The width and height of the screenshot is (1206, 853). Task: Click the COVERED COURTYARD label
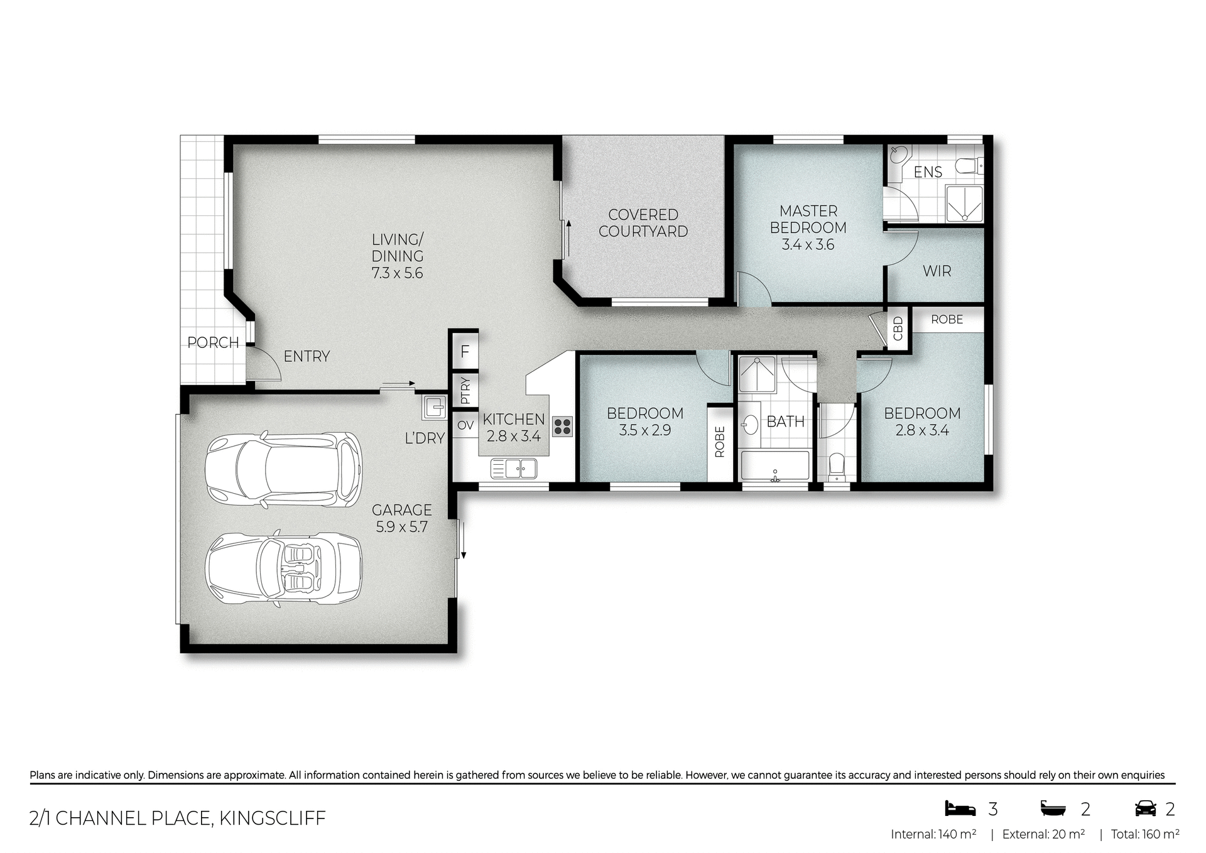click(x=643, y=223)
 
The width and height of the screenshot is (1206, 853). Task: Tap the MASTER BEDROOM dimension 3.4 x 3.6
click(x=808, y=245)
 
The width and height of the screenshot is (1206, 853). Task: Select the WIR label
click(x=937, y=271)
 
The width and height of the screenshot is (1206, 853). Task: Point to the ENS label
click(x=928, y=172)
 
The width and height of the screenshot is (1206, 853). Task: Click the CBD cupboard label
click(x=898, y=329)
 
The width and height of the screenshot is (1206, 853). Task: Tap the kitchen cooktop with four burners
click(x=562, y=426)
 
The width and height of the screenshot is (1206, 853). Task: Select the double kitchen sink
click(x=514, y=468)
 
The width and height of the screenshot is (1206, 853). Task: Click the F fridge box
click(x=465, y=351)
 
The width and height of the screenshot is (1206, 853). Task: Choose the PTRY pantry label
click(x=465, y=390)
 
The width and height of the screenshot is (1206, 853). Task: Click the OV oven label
click(x=465, y=426)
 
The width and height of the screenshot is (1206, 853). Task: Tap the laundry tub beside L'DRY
click(x=434, y=406)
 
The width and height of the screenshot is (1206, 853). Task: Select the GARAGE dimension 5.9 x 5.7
click(x=401, y=527)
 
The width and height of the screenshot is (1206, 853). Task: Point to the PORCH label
click(x=213, y=343)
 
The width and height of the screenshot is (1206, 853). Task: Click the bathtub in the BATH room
click(x=775, y=466)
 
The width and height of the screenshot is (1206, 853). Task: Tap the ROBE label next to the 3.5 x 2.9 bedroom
click(x=720, y=442)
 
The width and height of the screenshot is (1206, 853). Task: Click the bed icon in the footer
click(x=960, y=808)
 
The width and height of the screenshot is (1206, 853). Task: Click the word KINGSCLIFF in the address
click(x=272, y=818)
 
